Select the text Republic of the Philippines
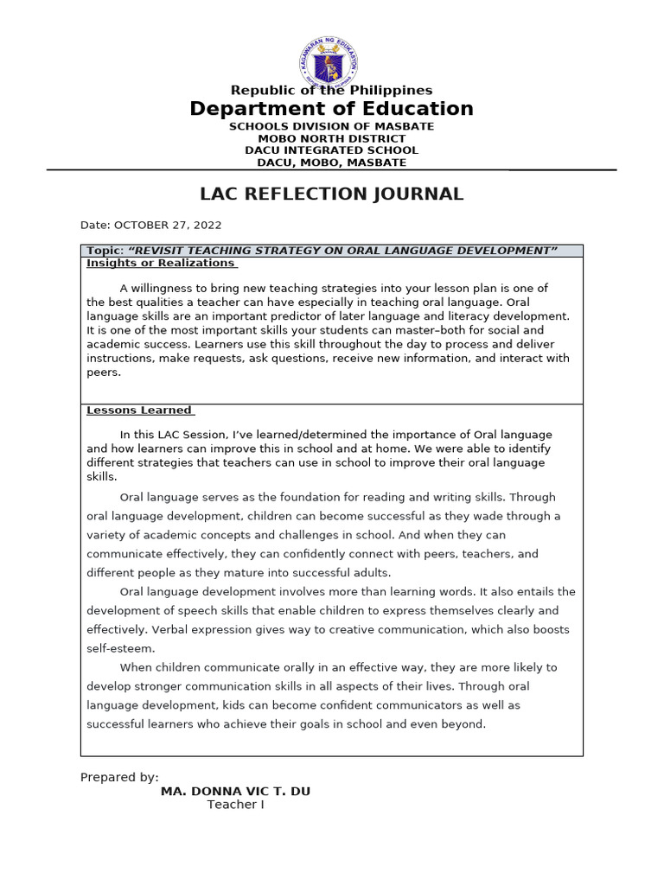[x=331, y=91]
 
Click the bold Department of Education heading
[x=331, y=109]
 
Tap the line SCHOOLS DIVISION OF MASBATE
[x=331, y=126]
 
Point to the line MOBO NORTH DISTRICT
[x=331, y=138]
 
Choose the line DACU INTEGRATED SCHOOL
[x=331, y=150]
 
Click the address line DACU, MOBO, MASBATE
[x=331, y=162]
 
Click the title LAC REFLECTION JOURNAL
[x=331, y=194]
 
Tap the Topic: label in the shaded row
[x=105, y=251]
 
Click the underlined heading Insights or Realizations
[x=161, y=263]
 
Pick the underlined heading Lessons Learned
[x=139, y=411]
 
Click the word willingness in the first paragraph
[x=166, y=288]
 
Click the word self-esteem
[x=120, y=648]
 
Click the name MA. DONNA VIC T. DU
[x=235, y=792]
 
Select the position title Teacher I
[x=235, y=805]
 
